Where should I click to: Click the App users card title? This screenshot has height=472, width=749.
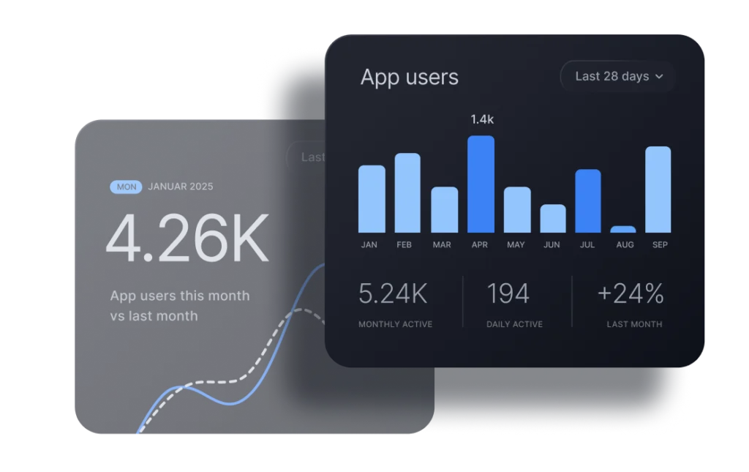click(410, 78)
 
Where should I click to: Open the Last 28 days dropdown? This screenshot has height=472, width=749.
click(617, 76)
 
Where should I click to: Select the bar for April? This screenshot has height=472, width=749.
click(481, 184)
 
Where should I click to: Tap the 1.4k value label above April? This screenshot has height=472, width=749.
click(482, 119)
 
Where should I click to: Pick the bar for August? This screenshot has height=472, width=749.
click(623, 229)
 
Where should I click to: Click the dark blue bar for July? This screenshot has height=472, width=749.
click(588, 201)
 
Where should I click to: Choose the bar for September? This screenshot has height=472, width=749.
click(658, 190)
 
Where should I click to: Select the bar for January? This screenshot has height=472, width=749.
click(372, 199)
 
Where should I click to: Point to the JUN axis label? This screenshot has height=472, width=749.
click(552, 245)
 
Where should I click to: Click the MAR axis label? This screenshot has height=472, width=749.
click(442, 245)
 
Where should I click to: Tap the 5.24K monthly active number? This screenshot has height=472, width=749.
click(393, 294)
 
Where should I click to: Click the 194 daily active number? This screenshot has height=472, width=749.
click(508, 294)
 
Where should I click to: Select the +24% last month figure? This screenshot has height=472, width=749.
click(631, 294)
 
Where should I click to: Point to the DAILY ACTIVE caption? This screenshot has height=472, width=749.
click(514, 324)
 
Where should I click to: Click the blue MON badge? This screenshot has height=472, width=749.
click(127, 187)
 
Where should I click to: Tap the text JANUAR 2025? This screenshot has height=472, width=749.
click(181, 187)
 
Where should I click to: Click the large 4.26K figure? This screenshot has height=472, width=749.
click(187, 239)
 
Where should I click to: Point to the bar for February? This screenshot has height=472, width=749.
click(407, 193)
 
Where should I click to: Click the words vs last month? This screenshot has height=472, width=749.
click(154, 316)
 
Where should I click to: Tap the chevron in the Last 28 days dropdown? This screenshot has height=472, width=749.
click(659, 77)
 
